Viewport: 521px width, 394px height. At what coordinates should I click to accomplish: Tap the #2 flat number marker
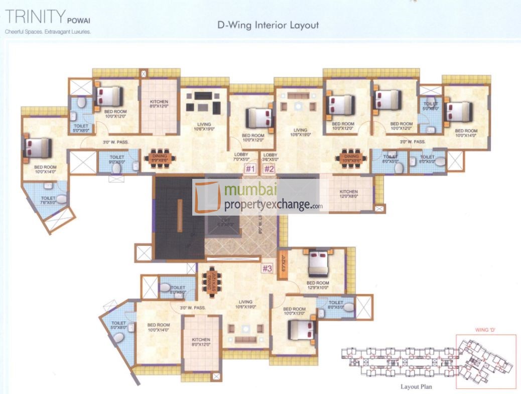270,169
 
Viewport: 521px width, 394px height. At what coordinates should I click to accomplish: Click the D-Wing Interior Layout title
268,25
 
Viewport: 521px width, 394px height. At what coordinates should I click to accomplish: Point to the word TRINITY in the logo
33,19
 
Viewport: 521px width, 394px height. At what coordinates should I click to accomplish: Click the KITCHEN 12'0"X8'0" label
348,194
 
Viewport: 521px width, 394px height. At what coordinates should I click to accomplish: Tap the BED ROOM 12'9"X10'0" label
318,285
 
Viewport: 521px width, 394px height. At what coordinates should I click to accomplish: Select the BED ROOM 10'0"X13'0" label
294,312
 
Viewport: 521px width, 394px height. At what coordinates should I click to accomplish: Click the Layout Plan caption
416,387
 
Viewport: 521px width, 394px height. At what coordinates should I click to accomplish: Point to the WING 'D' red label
485,330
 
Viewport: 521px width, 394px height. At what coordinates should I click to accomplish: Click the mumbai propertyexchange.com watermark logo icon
207,198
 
